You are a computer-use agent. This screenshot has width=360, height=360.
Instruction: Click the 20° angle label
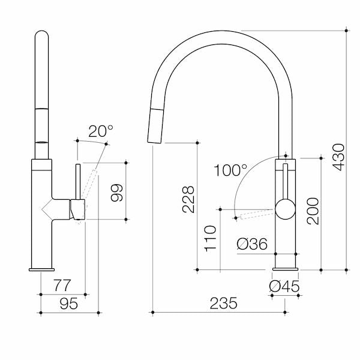(x=101, y=131)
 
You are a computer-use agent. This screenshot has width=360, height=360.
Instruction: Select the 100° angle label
(x=230, y=170)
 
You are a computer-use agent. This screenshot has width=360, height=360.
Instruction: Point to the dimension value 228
(x=188, y=199)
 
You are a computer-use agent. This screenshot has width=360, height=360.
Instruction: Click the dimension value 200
(x=313, y=211)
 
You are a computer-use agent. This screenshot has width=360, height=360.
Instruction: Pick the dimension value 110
(x=211, y=238)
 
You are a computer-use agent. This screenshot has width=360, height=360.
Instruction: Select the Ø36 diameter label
(x=252, y=244)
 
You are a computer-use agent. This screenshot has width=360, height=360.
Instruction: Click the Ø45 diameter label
(x=284, y=287)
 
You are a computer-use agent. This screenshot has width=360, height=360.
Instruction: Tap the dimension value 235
(x=224, y=304)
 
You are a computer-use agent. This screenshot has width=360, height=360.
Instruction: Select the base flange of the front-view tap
(x=284, y=268)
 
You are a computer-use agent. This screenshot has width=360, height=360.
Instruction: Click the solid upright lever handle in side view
(x=77, y=180)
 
